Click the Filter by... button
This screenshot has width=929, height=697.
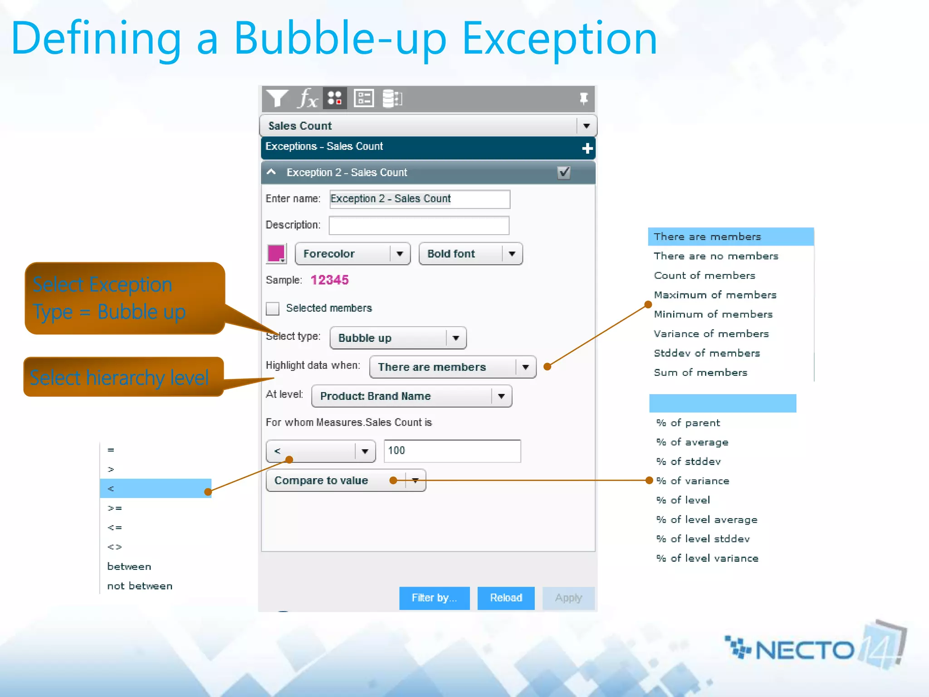pyautogui.click(x=434, y=598)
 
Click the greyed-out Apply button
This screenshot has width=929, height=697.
pyautogui.click(x=568, y=598)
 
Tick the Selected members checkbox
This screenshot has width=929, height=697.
pyautogui.click(x=273, y=309)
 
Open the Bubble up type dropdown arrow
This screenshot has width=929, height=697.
pyautogui.click(x=456, y=338)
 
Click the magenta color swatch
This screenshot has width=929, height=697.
pyautogui.click(x=276, y=253)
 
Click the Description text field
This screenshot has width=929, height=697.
pyautogui.click(x=419, y=226)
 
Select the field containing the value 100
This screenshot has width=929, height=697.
pyautogui.click(x=452, y=451)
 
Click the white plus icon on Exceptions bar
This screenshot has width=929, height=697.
pyautogui.click(x=587, y=148)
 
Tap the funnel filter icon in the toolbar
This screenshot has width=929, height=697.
pyautogui.click(x=277, y=98)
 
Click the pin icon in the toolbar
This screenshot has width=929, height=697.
pyautogui.click(x=583, y=98)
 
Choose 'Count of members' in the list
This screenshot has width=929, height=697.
pyautogui.click(x=704, y=275)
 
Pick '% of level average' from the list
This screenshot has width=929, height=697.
pyautogui.click(x=707, y=520)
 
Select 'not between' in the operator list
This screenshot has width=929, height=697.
pyautogui.click(x=140, y=586)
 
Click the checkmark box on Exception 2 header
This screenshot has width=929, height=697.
pyautogui.click(x=563, y=172)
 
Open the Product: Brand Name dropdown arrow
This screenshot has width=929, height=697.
pyautogui.click(x=501, y=396)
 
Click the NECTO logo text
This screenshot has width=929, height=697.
pyautogui.click(x=804, y=650)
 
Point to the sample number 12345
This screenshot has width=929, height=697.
pyautogui.click(x=330, y=280)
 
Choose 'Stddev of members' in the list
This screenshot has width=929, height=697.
pyautogui.click(x=707, y=353)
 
